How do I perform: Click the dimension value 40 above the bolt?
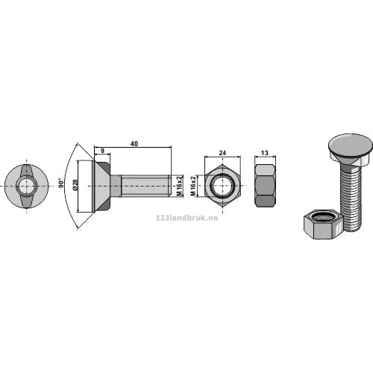(x=134, y=143)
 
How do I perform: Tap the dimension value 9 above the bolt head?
(x=102, y=151)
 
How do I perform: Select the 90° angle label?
(x=61, y=183)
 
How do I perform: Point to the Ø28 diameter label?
(x=75, y=184)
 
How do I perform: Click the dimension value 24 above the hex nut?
(x=222, y=153)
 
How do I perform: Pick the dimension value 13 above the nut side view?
(x=265, y=153)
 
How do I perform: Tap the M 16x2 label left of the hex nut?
(x=193, y=186)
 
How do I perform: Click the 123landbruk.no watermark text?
(x=186, y=218)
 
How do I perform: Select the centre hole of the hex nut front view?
(x=222, y=186)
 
